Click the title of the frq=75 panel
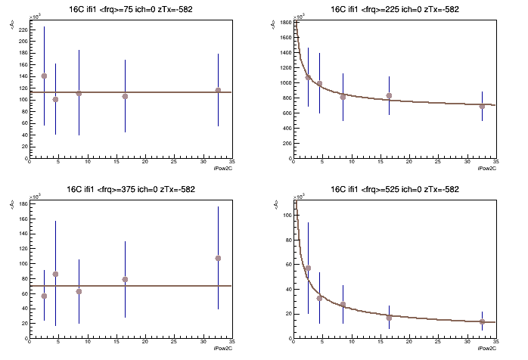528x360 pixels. [130, 9]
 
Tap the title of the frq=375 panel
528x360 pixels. [130, 188]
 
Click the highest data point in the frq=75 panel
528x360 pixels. [44, 76]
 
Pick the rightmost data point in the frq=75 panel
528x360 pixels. [218, 91]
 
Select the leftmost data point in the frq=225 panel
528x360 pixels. [308, 77]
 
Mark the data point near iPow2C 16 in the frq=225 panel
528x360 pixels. [389, 96]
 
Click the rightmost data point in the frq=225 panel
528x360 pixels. [482, 106]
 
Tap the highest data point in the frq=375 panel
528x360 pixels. [218, 258]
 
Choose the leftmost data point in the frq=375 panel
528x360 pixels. [44, 296]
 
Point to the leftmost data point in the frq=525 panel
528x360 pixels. [308, 268]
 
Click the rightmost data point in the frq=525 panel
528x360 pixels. [482, 321]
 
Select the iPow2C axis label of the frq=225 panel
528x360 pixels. [486, 169]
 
